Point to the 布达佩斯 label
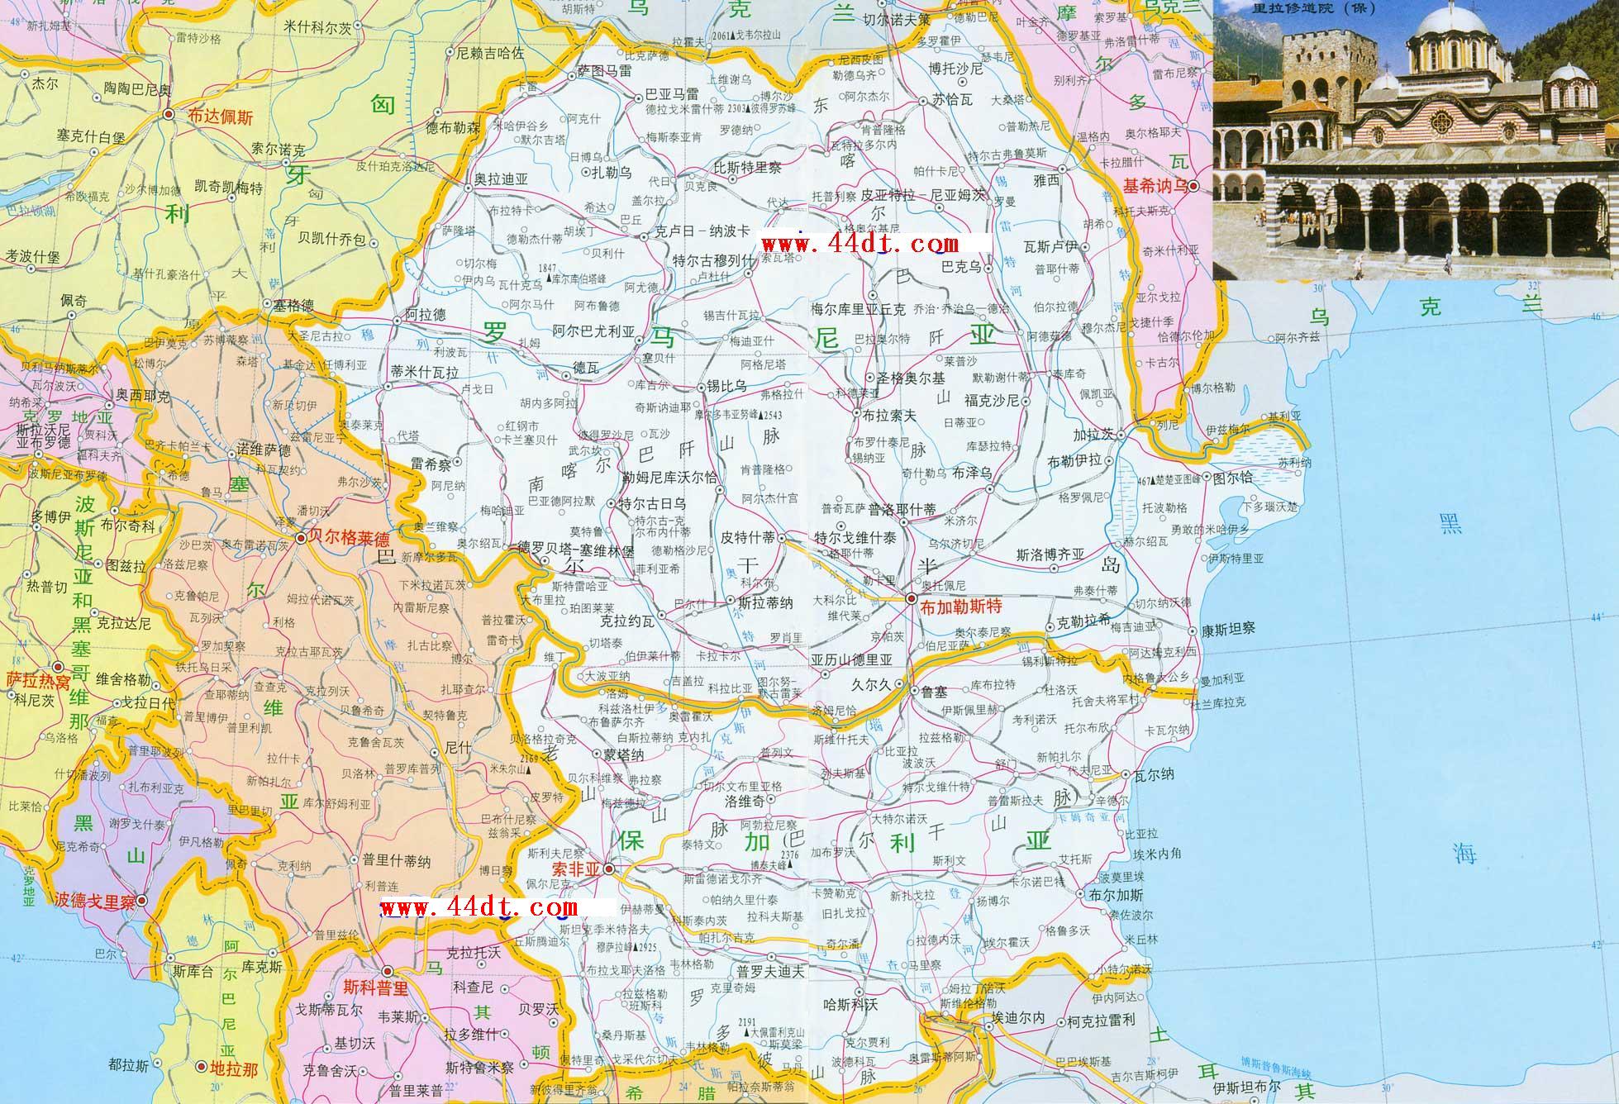pyautogui.click(x=220, y=117)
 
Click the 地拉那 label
pyautogui.click(x=235, y=1069)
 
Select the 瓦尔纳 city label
pyautogui.click(x=1154, y=774)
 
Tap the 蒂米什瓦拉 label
pyautogui.click(x=425, y=373)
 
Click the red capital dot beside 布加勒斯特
pyautogui.click(x=911, y=597)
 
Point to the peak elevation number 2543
pyautogui.click(x=773, y=414)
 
